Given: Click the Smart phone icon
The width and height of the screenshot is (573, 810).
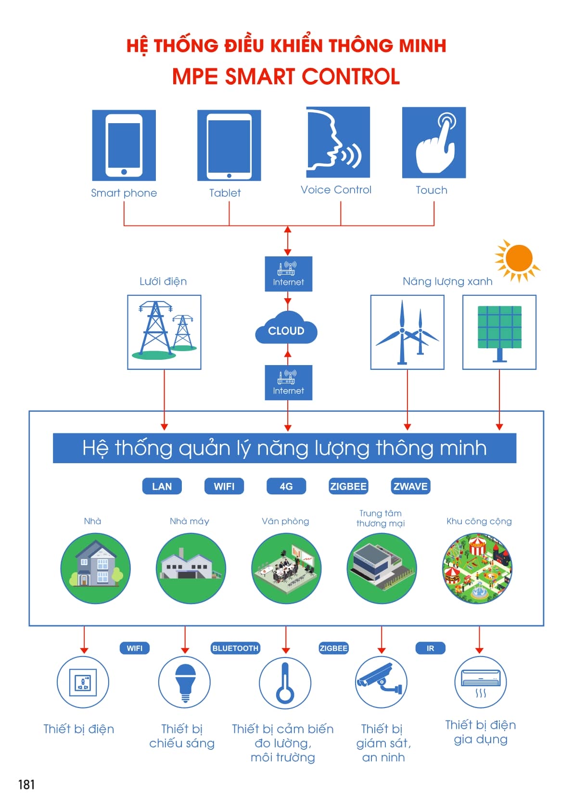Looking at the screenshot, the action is pos(124,145).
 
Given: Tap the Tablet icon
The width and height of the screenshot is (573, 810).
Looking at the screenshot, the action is pos(229,145).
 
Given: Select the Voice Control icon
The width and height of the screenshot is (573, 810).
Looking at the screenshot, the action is pos(338,142).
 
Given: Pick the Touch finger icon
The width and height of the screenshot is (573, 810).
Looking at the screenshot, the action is pos(434,142).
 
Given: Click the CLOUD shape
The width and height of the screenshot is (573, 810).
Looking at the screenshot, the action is pos(286,328).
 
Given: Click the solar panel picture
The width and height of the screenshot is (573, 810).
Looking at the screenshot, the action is pos(499,332).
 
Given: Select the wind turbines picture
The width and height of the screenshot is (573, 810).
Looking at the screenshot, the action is pos(407,332).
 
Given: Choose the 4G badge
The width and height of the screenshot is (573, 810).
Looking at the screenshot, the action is pos(286,486).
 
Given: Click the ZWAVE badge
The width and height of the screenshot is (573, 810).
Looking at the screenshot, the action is pos(410,486).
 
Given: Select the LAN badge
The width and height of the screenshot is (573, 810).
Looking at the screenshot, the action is pos(162,486).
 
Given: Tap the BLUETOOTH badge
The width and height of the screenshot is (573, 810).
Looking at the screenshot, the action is pos(235,648).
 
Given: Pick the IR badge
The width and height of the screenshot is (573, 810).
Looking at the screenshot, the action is pos(430,648).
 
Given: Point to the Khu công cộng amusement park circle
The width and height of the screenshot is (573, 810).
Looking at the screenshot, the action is pos(477,568).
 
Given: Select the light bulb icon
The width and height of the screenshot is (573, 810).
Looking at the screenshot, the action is pos(184,683).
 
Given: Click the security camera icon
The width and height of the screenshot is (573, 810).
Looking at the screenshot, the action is pos(381,683).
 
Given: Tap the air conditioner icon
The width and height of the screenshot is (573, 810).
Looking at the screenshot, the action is pos(481,683).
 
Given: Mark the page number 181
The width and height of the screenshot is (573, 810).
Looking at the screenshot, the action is pos(26,785).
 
